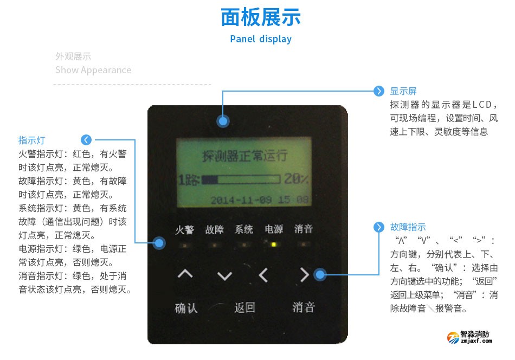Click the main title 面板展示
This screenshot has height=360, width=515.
(x=261, y=17)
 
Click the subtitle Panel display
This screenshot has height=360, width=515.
(x=261, y=39)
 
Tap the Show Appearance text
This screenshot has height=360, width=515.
(x=93, y=70)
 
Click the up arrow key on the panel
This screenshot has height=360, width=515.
(x=185, y=275)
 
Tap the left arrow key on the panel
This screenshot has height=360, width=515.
(x=263, y=275)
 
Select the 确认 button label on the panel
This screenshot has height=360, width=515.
(x=186, y=308)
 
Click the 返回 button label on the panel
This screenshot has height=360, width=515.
(x=244, y=307)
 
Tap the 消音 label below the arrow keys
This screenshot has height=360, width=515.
(x=304, y=307)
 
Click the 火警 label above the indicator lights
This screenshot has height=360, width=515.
(x=184, y=229)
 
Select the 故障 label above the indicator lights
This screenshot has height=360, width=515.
(x=214, y=229)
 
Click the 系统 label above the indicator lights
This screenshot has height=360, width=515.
(x=244, y=229)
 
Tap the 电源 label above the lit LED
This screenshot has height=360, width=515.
(x=274, y=229)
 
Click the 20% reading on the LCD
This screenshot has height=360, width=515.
(x=296, y=179)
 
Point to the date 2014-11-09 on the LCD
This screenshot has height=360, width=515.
(x=242, y=199)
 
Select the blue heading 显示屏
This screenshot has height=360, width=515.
(x=403, y=91)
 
